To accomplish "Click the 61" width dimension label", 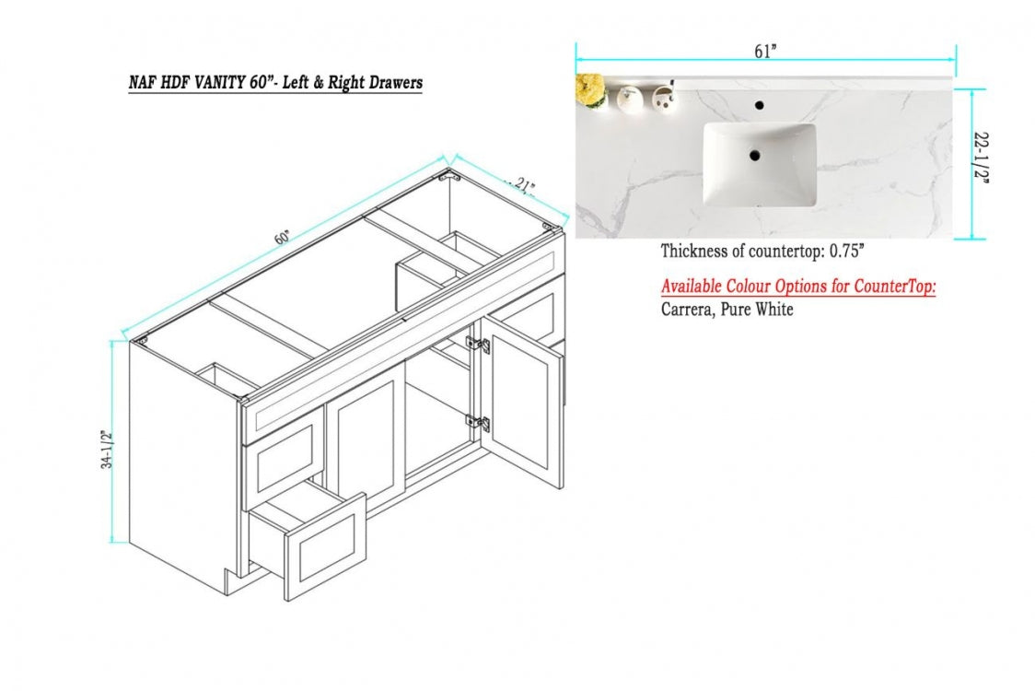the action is click(x=765, y=52).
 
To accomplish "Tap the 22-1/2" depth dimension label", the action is click(x=982, y=158).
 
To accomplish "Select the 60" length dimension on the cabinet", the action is click(x=283, y=237).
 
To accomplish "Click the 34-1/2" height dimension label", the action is click(x=107, y=450).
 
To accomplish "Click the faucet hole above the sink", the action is click(x=759, y=105).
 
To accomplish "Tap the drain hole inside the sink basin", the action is click(x=754, y=156).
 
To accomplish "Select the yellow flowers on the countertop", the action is click(x=590, y=89).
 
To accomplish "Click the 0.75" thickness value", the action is click(x=846, y=251).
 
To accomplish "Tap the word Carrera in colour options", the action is click(x=687, y=310).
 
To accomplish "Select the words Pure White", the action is click(x=756, y=310).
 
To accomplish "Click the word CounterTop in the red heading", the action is click(x=894, y=287).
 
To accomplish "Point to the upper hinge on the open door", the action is click(x=477, y=345).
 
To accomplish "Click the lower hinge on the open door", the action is click(x=477, y=422).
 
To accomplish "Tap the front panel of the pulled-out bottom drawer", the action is click(x=325, y=546).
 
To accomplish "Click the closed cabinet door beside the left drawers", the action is click(x=365, y=439).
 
